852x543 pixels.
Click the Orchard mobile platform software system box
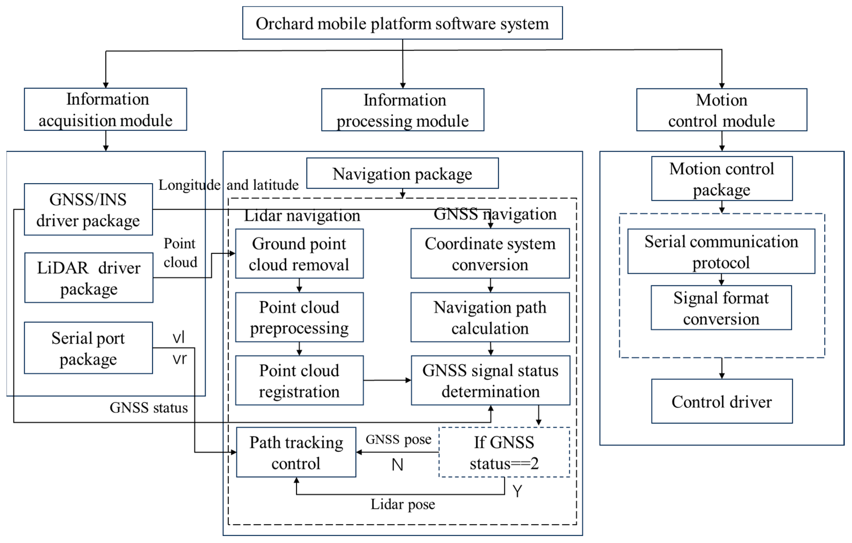(x=402, y=23)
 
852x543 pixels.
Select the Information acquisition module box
(x=105, y=109)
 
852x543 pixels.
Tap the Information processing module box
(x=403, y=110)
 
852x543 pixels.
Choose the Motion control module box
(x=721, y=110)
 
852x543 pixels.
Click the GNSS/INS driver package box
(x=88, y=210)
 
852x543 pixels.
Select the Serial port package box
(x=88, y=348)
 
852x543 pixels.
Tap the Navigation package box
(x=402, y=173)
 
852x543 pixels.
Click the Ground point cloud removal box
(x=299, y=254)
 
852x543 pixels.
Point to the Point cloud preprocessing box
(x=299, y=317)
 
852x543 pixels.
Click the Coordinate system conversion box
(x=490, y=254)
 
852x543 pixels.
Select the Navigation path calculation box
(x=490, y=317)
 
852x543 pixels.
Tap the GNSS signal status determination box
(x=490, y=381)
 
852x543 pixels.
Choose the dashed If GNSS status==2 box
(x=504, y=452)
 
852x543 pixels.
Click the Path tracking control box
(x=296, y=452)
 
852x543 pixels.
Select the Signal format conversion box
(x=721, y=308)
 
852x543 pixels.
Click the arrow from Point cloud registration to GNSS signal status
(x=387, y=380)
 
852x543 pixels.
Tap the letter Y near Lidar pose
(x=517, y=491)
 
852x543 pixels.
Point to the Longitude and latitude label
(x=228, y=185)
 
